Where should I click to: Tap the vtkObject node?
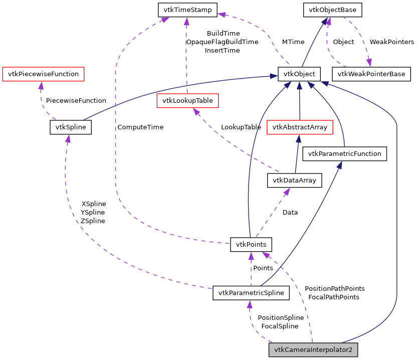click(299, 74)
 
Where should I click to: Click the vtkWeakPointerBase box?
click(371, 74)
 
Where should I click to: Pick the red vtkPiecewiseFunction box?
click(43, 74)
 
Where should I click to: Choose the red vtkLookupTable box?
click(187, 101)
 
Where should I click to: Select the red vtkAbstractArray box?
click(300, 127)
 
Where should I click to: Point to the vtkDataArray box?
click(294, 181)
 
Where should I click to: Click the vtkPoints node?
click(251, 245)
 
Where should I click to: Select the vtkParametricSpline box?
click(251, 293)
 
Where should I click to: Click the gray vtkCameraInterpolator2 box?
click(313, 350)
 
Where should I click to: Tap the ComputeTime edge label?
click(140, 127)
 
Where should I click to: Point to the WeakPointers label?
click(392, 42)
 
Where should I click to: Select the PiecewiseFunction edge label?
click(76, 101)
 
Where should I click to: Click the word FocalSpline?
click(280, 326)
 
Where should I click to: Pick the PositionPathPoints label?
click(334, 289)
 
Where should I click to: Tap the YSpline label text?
click(93, 213)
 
